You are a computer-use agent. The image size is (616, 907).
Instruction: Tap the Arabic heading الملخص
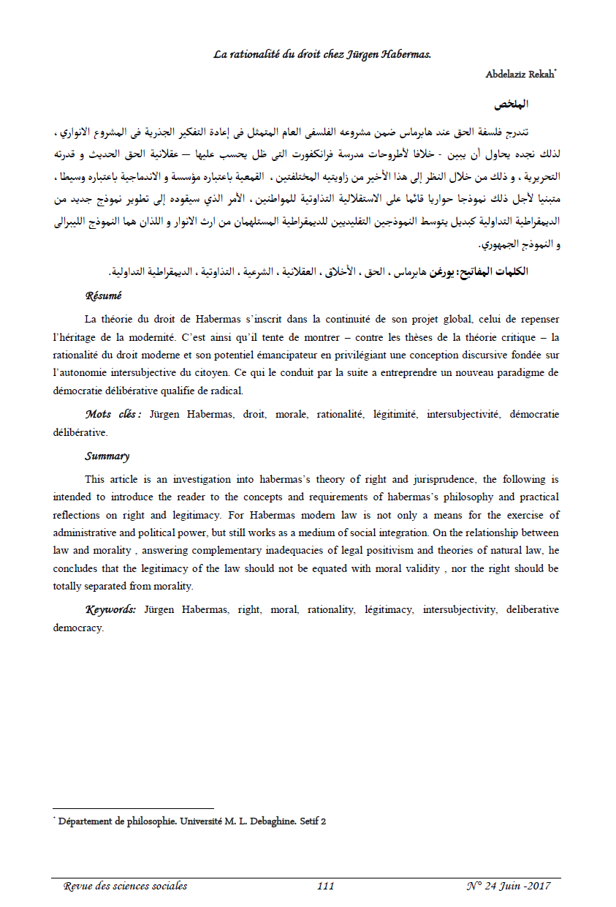[x=512, y=105]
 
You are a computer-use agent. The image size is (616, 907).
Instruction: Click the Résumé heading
[x=103, y=296]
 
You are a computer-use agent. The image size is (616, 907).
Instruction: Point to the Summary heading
[x=107, y=456]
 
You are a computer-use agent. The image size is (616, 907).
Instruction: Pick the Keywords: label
[x=110, y=609]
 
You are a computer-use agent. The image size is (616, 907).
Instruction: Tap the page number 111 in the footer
[x=325, y=886]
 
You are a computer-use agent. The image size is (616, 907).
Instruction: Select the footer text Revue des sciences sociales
[x=125, y=886]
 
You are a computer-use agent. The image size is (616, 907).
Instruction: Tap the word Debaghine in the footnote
[x=267, y=821]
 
